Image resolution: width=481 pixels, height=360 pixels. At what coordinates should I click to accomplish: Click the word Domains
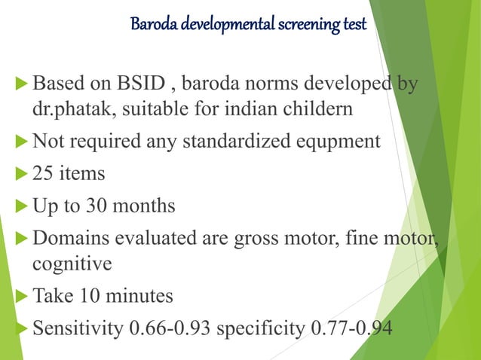69,237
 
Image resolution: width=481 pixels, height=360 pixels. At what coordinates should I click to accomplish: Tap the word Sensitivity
73,328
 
